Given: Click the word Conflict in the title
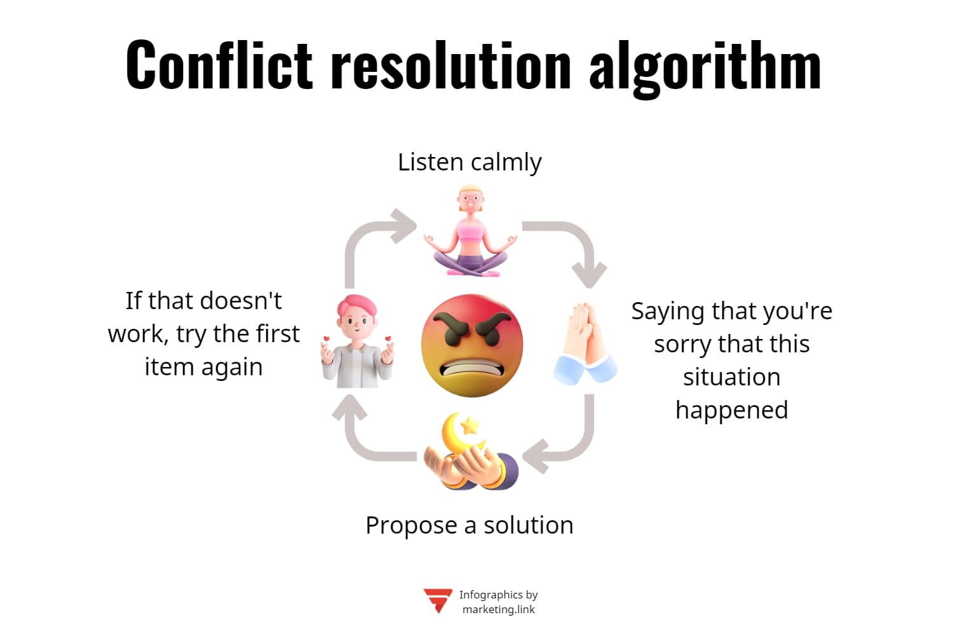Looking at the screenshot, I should tap(219, 66).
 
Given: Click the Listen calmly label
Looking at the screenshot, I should tap(470, 162).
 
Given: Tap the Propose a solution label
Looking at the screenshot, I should tap(470, 525).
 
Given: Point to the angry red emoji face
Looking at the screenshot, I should tap(471, 345).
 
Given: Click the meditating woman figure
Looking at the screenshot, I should tap(471, 232).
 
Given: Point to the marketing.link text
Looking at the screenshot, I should tap(499, 609).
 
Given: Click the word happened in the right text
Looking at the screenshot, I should tap(731, 410).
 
